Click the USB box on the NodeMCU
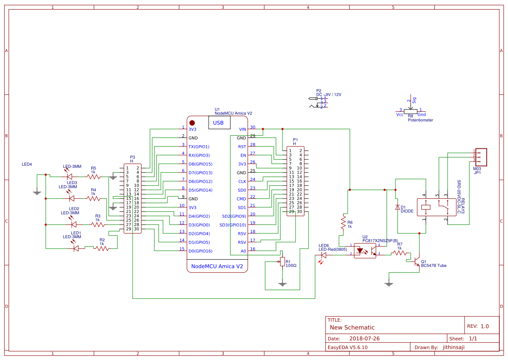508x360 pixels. (218, 123)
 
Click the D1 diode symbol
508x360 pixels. (397, 207)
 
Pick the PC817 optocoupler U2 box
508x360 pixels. (365, 251)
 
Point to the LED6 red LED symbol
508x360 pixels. (323, 255)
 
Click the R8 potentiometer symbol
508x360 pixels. (410, 110)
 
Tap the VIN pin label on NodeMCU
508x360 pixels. (242, 129)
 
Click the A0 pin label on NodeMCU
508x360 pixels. (243, 251)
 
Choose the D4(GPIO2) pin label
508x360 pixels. (199, 216)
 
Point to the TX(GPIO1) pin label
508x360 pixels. (199, 147)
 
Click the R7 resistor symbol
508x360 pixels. (399, 253)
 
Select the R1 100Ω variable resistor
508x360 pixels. (282, 261)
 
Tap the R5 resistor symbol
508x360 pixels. (93, 177)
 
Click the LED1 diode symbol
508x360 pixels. (76, 248)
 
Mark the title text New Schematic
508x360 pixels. (352, 327)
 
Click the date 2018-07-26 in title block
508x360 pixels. (365, 338)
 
